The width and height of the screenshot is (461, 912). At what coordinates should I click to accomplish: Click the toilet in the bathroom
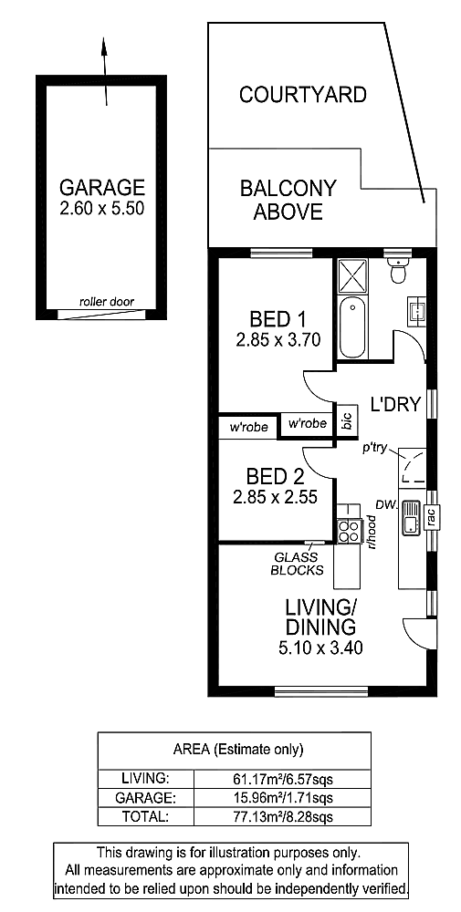point(399,269)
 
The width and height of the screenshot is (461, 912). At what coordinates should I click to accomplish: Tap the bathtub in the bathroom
point(353,327)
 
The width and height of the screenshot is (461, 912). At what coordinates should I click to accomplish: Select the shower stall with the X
point(353,275)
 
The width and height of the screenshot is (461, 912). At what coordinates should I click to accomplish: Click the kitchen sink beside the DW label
point(410,518)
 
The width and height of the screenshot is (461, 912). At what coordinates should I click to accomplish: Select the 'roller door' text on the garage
point(107,302)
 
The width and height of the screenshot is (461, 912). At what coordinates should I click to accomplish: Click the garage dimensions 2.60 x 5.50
point(102,208)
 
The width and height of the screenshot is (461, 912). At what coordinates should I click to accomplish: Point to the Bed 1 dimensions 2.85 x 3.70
point(278,339)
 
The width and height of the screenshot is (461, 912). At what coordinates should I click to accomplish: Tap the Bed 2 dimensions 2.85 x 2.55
point(275,497)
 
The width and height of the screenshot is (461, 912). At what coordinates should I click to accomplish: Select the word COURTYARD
point(303,94)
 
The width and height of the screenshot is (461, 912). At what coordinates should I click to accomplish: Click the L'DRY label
point(396,404)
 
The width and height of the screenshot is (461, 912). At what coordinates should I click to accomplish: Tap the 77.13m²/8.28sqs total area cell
point(282,816)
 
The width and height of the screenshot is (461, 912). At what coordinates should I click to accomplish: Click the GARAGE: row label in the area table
point(145,796)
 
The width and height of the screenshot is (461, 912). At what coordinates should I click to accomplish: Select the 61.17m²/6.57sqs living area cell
point(282,778)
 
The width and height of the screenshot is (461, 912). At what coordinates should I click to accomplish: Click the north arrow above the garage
point(105,71)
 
